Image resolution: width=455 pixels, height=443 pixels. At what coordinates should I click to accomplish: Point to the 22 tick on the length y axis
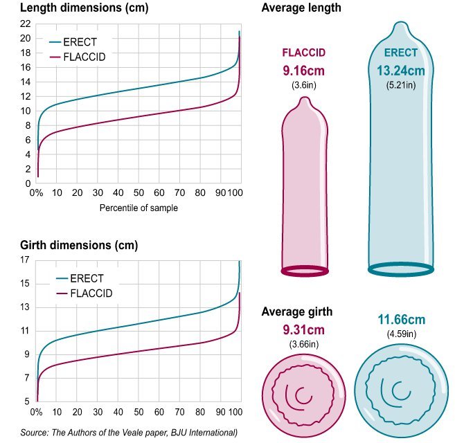coord(26,23)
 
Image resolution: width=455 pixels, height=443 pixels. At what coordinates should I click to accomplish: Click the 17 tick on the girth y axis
coord(26,260)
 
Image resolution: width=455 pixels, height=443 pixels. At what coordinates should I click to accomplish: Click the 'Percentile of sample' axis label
coord(139,208)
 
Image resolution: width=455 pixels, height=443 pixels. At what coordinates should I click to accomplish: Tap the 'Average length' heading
coord(301,8)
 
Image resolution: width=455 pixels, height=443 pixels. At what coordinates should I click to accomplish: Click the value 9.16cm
coord(303,71)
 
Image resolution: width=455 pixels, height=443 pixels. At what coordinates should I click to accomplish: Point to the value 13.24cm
coord(401,71)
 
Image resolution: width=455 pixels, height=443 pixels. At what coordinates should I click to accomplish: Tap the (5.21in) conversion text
coord(401,85)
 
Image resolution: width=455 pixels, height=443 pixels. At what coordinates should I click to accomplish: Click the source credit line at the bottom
coord(129,433)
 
